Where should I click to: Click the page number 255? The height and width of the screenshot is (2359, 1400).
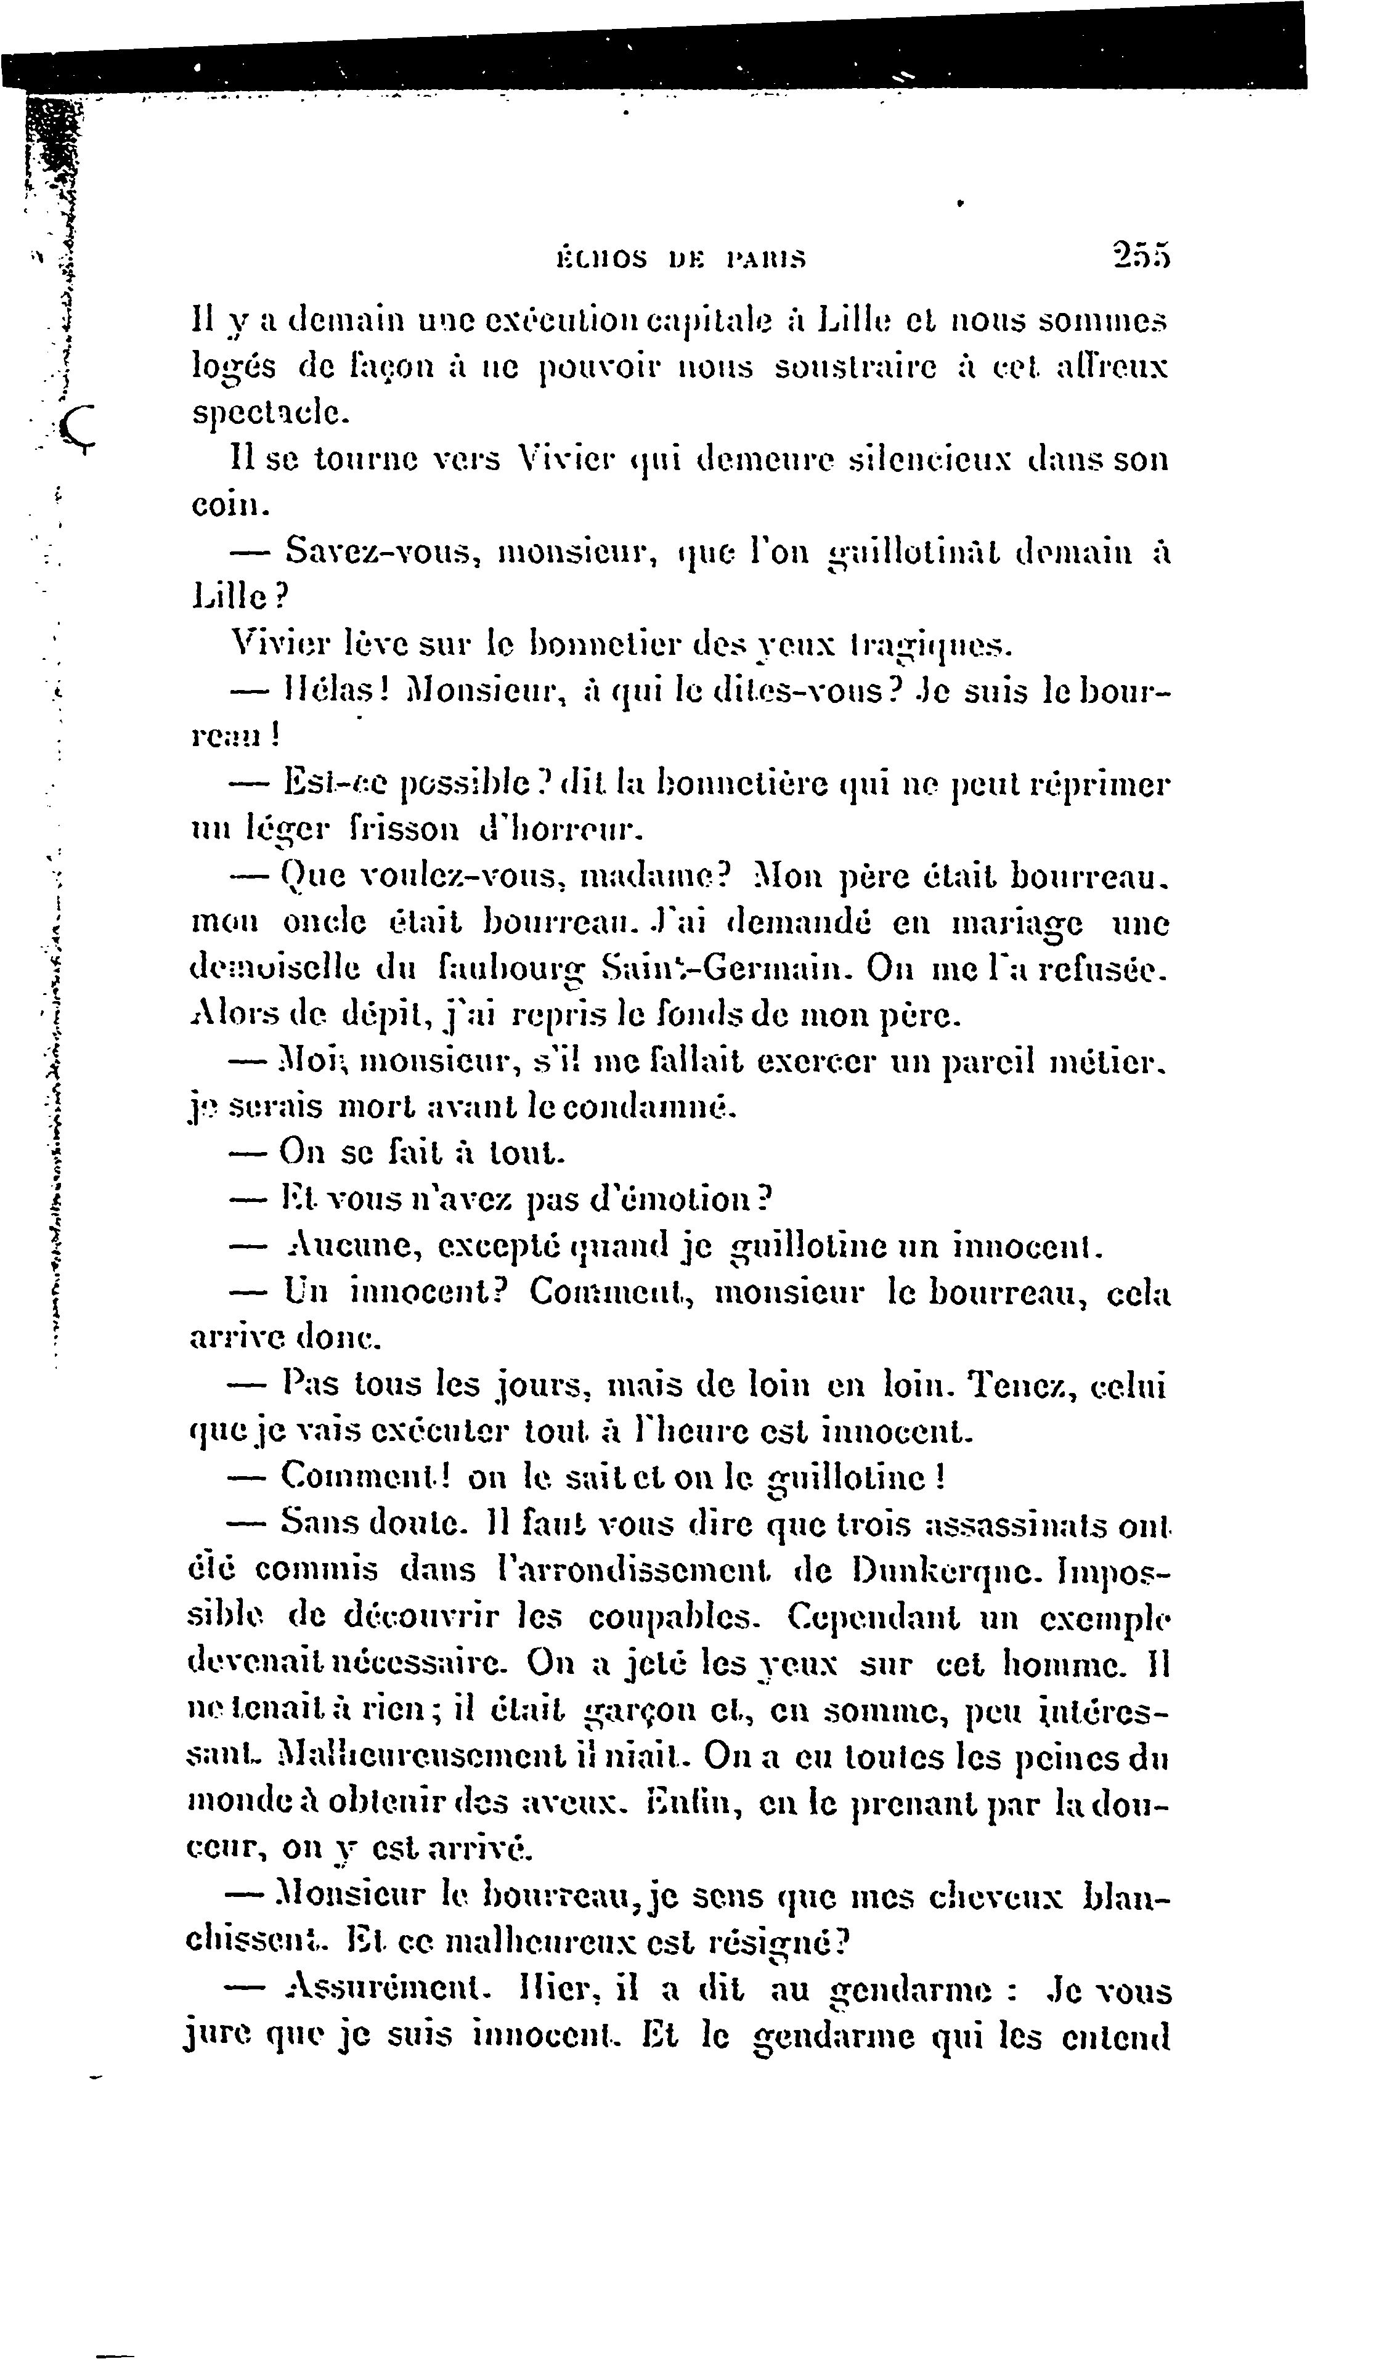[x=1141, y=256]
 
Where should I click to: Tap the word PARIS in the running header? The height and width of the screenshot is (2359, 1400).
[x=767, y=258]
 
